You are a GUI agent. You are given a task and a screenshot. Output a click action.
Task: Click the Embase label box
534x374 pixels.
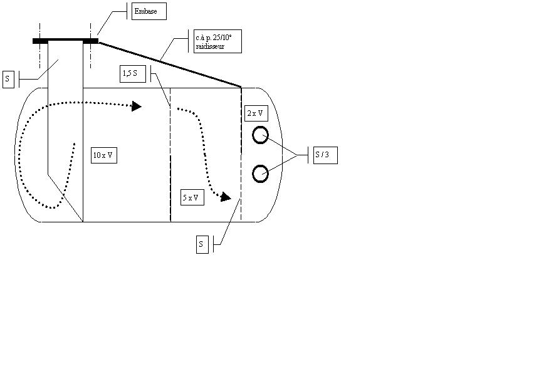148,11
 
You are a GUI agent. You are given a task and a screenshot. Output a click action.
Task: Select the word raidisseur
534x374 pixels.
209,47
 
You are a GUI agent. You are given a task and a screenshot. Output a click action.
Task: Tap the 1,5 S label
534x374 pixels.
132,75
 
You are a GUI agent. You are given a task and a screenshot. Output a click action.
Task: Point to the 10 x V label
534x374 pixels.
103,155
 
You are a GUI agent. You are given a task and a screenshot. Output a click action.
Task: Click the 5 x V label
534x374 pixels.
192,197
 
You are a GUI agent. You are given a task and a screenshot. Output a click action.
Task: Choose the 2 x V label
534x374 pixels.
255,113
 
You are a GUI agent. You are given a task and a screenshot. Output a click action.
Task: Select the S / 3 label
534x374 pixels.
325,155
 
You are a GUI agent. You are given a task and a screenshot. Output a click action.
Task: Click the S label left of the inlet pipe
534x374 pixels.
8,80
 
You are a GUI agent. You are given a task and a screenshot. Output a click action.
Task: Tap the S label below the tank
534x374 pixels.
201,244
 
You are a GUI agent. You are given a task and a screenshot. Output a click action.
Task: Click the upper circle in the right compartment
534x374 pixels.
260,135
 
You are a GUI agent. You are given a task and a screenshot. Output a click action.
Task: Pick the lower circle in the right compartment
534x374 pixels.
260,174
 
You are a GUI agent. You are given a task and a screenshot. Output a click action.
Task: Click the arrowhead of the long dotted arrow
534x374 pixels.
136,106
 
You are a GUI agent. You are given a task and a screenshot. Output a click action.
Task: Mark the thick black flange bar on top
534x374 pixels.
65,41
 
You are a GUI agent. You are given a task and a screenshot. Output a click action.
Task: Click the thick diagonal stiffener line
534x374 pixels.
169,64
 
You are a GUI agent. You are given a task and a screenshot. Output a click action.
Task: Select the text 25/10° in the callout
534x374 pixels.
219,38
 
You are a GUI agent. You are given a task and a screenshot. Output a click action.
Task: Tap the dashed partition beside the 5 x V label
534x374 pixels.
170,188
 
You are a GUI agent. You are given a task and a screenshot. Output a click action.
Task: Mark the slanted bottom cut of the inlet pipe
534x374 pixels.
65,197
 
